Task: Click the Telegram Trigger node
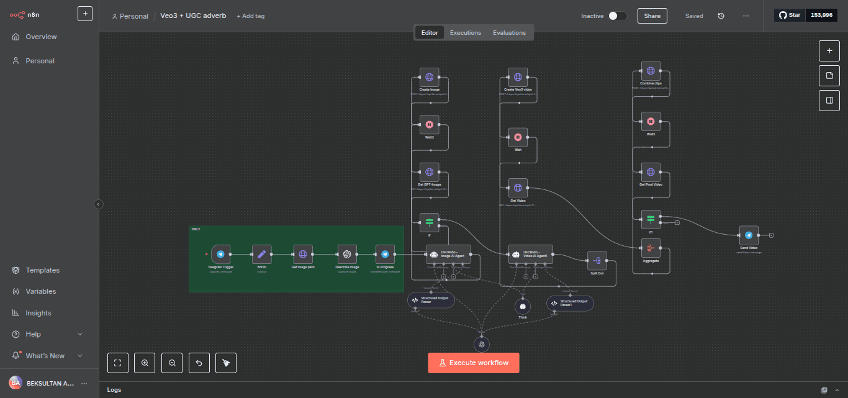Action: [x=220, y=254]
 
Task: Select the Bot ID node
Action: [x=262, y=254]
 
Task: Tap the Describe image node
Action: [x=347, y=254]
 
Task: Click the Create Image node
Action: [x=429, y=78]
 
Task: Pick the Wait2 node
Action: [x=429, y=124]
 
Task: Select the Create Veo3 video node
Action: [x=518, y=78]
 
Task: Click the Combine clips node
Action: [x=651, y=71]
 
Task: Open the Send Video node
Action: [x=749, y=235]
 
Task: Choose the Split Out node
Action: [x=597, y=261]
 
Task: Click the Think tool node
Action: [x=523, y=306]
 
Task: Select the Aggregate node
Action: [x=651, y=248]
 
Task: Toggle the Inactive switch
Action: [x=617, y=16]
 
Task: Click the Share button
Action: [x=652, y=16]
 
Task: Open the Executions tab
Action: [x=466, y=33]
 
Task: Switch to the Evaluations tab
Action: [x=509, y=33]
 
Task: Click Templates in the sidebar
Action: [x=42, y=270]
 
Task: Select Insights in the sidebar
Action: [x=38, y=313]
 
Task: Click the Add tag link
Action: [x=251, y=16]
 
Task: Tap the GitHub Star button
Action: [x=790, y=15]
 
